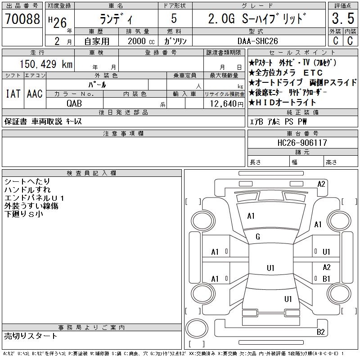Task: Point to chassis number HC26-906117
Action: point(302,143)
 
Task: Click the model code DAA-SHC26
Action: point(258,40)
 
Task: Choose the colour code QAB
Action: point(75,103)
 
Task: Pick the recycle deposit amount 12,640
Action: point(223,103)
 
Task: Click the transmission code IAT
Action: point(12,94)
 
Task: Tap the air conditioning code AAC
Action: point(34,94)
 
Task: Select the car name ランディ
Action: point(116,19)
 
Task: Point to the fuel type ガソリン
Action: point(175,40)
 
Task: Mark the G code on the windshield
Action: point(258,237)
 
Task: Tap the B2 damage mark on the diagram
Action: point(321,332)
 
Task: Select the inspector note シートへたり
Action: point(27,181)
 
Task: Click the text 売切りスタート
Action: point(31,336)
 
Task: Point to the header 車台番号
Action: point(302,134)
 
